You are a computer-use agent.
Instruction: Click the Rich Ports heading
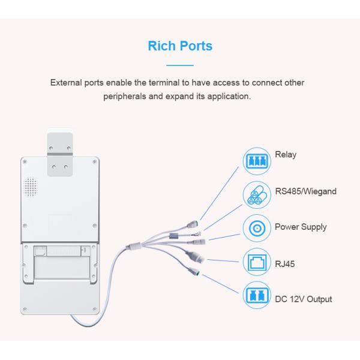[x=180, y=46]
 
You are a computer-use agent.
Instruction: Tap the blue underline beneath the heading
[x=180, y=65]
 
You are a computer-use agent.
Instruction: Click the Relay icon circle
[x=257, y=161]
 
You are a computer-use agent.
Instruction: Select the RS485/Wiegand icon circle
[x=257, y=195]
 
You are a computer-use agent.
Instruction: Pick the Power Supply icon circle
[x=257, y=228]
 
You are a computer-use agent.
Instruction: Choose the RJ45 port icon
[x=257, y=262]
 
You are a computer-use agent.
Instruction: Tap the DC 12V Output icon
[x=257, y=295]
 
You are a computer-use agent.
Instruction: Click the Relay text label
[x=286, y=155]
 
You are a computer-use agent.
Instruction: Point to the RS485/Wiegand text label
[x=306, y=191]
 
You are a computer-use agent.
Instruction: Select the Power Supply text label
[x=301, y=227]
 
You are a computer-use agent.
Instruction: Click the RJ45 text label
[x=284, y=264]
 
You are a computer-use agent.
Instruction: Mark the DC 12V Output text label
[x=304, y=299]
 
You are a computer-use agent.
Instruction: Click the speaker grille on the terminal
[x=31, y=187]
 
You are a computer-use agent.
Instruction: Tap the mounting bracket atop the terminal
[x=60, y=154]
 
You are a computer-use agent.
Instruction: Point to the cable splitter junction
[x=134, y=246]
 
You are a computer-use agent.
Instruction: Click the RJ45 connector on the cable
[x=195, y=256]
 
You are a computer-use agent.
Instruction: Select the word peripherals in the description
[x=124, y=97]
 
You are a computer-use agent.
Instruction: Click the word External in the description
[x=66, y=83]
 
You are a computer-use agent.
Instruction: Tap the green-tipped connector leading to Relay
[x=193, y=224]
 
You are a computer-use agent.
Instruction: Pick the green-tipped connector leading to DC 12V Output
[x=194, y=271]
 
